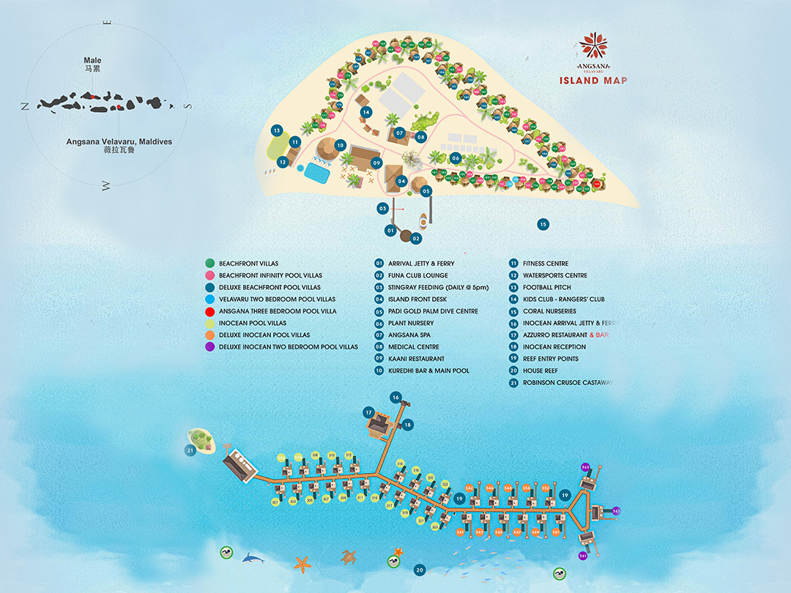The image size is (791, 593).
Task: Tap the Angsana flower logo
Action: (593, 46)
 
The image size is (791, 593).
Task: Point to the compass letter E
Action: (108, 23)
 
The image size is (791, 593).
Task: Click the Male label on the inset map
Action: (92, 61)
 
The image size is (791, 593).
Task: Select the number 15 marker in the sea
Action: (543, 224)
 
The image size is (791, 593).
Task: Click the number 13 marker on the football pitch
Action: (277, 130)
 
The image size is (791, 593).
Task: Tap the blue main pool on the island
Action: (316, 174)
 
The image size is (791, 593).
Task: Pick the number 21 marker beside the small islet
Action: (190, 450)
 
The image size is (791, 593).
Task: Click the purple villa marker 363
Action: (616, 511)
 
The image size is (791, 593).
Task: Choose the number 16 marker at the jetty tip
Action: (395, 398)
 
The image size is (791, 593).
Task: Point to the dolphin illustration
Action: (253, 559)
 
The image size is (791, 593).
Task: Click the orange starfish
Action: (301, 564)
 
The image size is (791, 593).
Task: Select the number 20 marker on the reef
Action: (419, 570)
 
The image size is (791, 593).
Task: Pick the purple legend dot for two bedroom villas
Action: (209, 347)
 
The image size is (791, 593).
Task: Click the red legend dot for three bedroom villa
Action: (209, 311)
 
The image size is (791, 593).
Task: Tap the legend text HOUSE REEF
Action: (541, 370)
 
